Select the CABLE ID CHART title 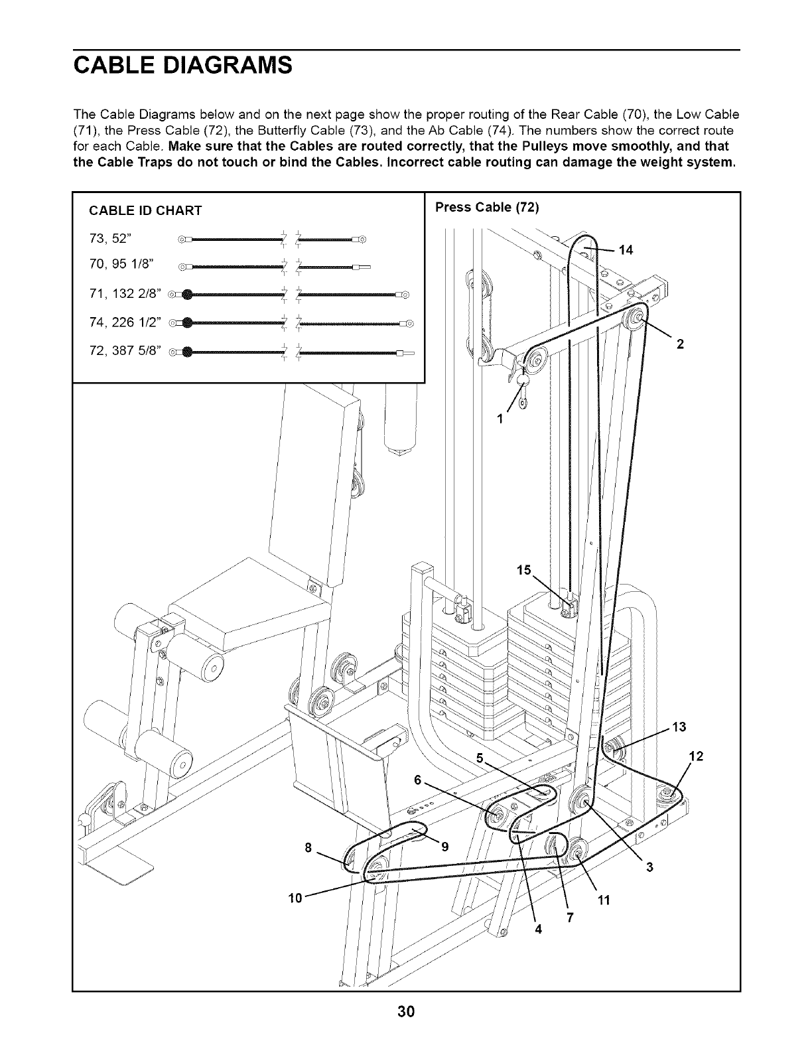click(145, 211)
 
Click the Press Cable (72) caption click(487, 207)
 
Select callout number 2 click(679, 344)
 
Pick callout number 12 click(696, 756)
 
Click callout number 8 click(307, 847)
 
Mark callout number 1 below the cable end click(500, 419)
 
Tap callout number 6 click(418, 780)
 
